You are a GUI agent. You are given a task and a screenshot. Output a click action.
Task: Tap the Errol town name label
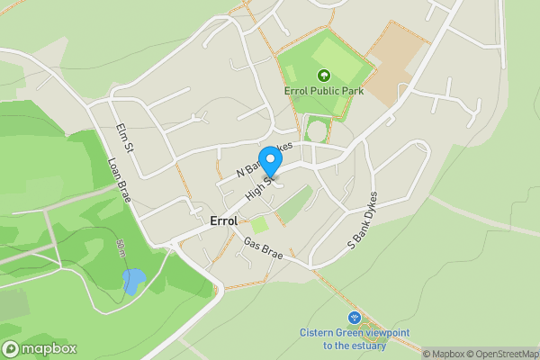pos(222,220)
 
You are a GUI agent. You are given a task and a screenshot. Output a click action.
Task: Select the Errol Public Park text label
pos(323,91)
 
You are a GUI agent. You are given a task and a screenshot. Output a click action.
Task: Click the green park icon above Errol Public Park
pos(323,76)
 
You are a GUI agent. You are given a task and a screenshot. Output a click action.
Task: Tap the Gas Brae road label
pos(263,249)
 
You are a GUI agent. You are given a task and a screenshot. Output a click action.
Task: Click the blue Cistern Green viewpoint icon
pos(354,318)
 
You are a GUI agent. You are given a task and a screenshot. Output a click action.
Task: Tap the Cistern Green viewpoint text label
pos(354,338)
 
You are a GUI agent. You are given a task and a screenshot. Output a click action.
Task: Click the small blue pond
pos(133,282)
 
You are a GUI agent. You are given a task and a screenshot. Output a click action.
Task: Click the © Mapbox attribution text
pos(443,354)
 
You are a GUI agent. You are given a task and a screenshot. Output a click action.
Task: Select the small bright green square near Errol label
pos(258,225)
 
